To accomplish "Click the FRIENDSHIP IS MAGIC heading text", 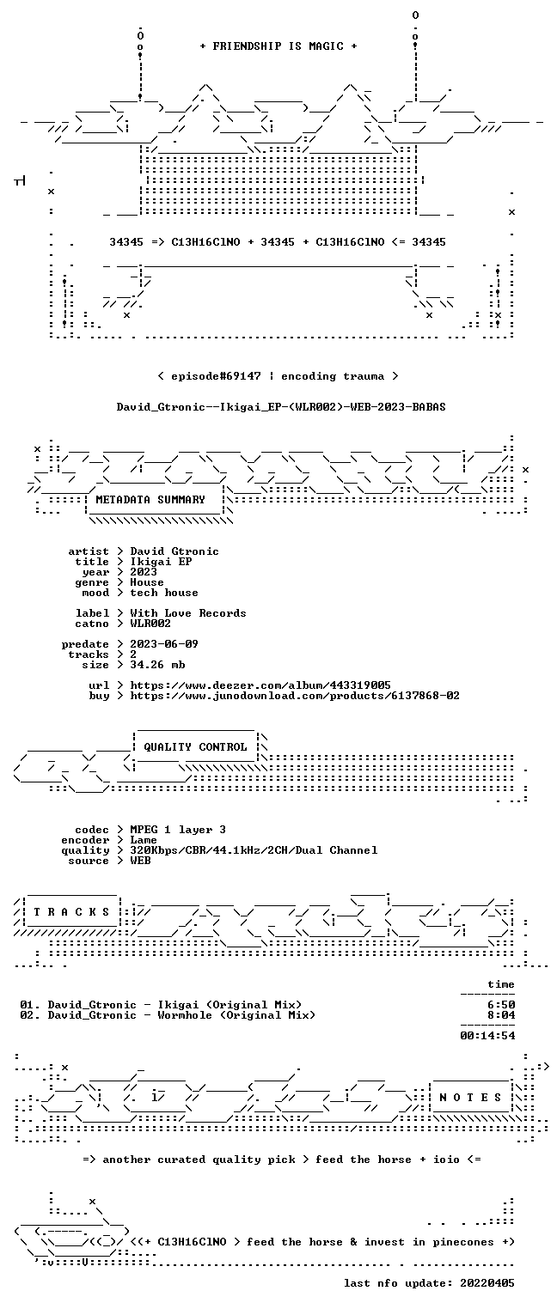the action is click(x=278, y=46).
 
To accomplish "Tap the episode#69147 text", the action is click(x=216, y=376).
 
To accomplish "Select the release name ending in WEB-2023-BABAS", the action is click(x=281, y=407).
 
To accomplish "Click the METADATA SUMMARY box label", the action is click(x=150, y=500).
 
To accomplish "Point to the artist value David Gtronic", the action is click(x=174, y=551).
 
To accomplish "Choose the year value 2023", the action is click(x=144, y=572).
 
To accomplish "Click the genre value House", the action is click(x=147, y=582).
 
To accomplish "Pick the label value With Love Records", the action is click(x=187, y=613).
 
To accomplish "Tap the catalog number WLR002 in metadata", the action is click(x=150, y=624).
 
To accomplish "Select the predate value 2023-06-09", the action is click(x=164, y=644).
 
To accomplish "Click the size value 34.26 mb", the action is click(x=157, y=665).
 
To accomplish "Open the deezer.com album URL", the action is click(x=260, y=685).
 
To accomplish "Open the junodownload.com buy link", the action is click(x=295, y=696).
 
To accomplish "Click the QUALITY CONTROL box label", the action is click(x=195, y=746).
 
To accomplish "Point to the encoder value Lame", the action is click(x=144, y=840).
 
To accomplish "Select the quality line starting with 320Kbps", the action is click(x=254, y=850).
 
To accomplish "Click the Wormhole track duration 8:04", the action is click(x=501, y=1015).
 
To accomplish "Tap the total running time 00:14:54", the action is click(x=487, y=1036).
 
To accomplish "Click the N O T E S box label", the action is click(x=470, y=1098).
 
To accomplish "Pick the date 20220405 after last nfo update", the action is click(x=487, y=1282).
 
